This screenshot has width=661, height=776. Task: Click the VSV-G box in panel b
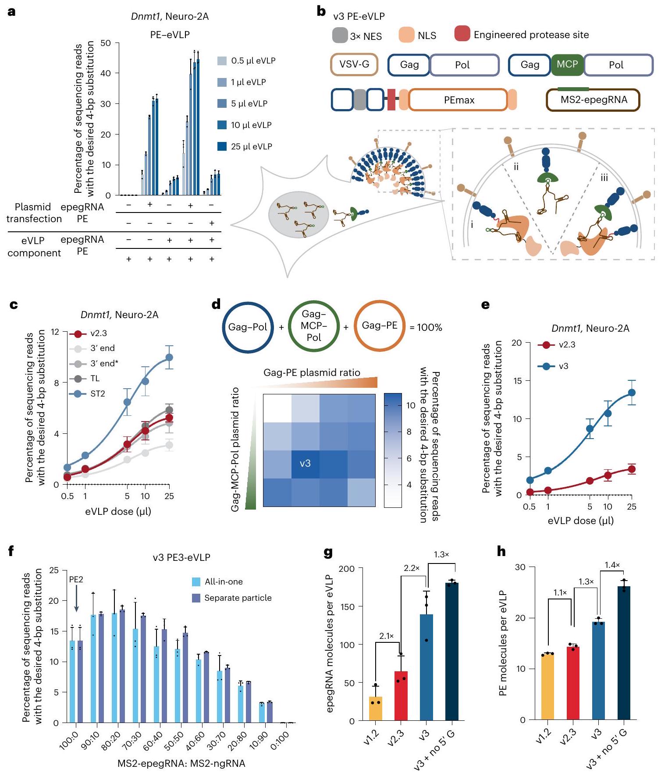point(354,65)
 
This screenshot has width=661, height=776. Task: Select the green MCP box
point(567,65)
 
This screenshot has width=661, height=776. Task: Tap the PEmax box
point(458,100)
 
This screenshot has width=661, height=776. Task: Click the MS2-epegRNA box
point(593,100)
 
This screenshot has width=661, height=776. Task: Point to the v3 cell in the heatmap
point(305,464)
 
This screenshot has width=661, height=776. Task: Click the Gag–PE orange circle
point(379,326)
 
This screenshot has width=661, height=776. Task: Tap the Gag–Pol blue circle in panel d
point(248,327)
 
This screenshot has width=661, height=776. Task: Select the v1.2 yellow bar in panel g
point(376,708)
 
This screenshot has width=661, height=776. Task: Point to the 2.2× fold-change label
point(412,568)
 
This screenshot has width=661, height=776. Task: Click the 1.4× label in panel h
point(612,565)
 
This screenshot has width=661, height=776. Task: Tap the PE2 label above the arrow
point(76,579)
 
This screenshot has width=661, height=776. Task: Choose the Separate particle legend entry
point(238,598)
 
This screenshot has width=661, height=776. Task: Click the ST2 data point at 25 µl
point(169,358)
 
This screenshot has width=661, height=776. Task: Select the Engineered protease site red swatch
point(462,34)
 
